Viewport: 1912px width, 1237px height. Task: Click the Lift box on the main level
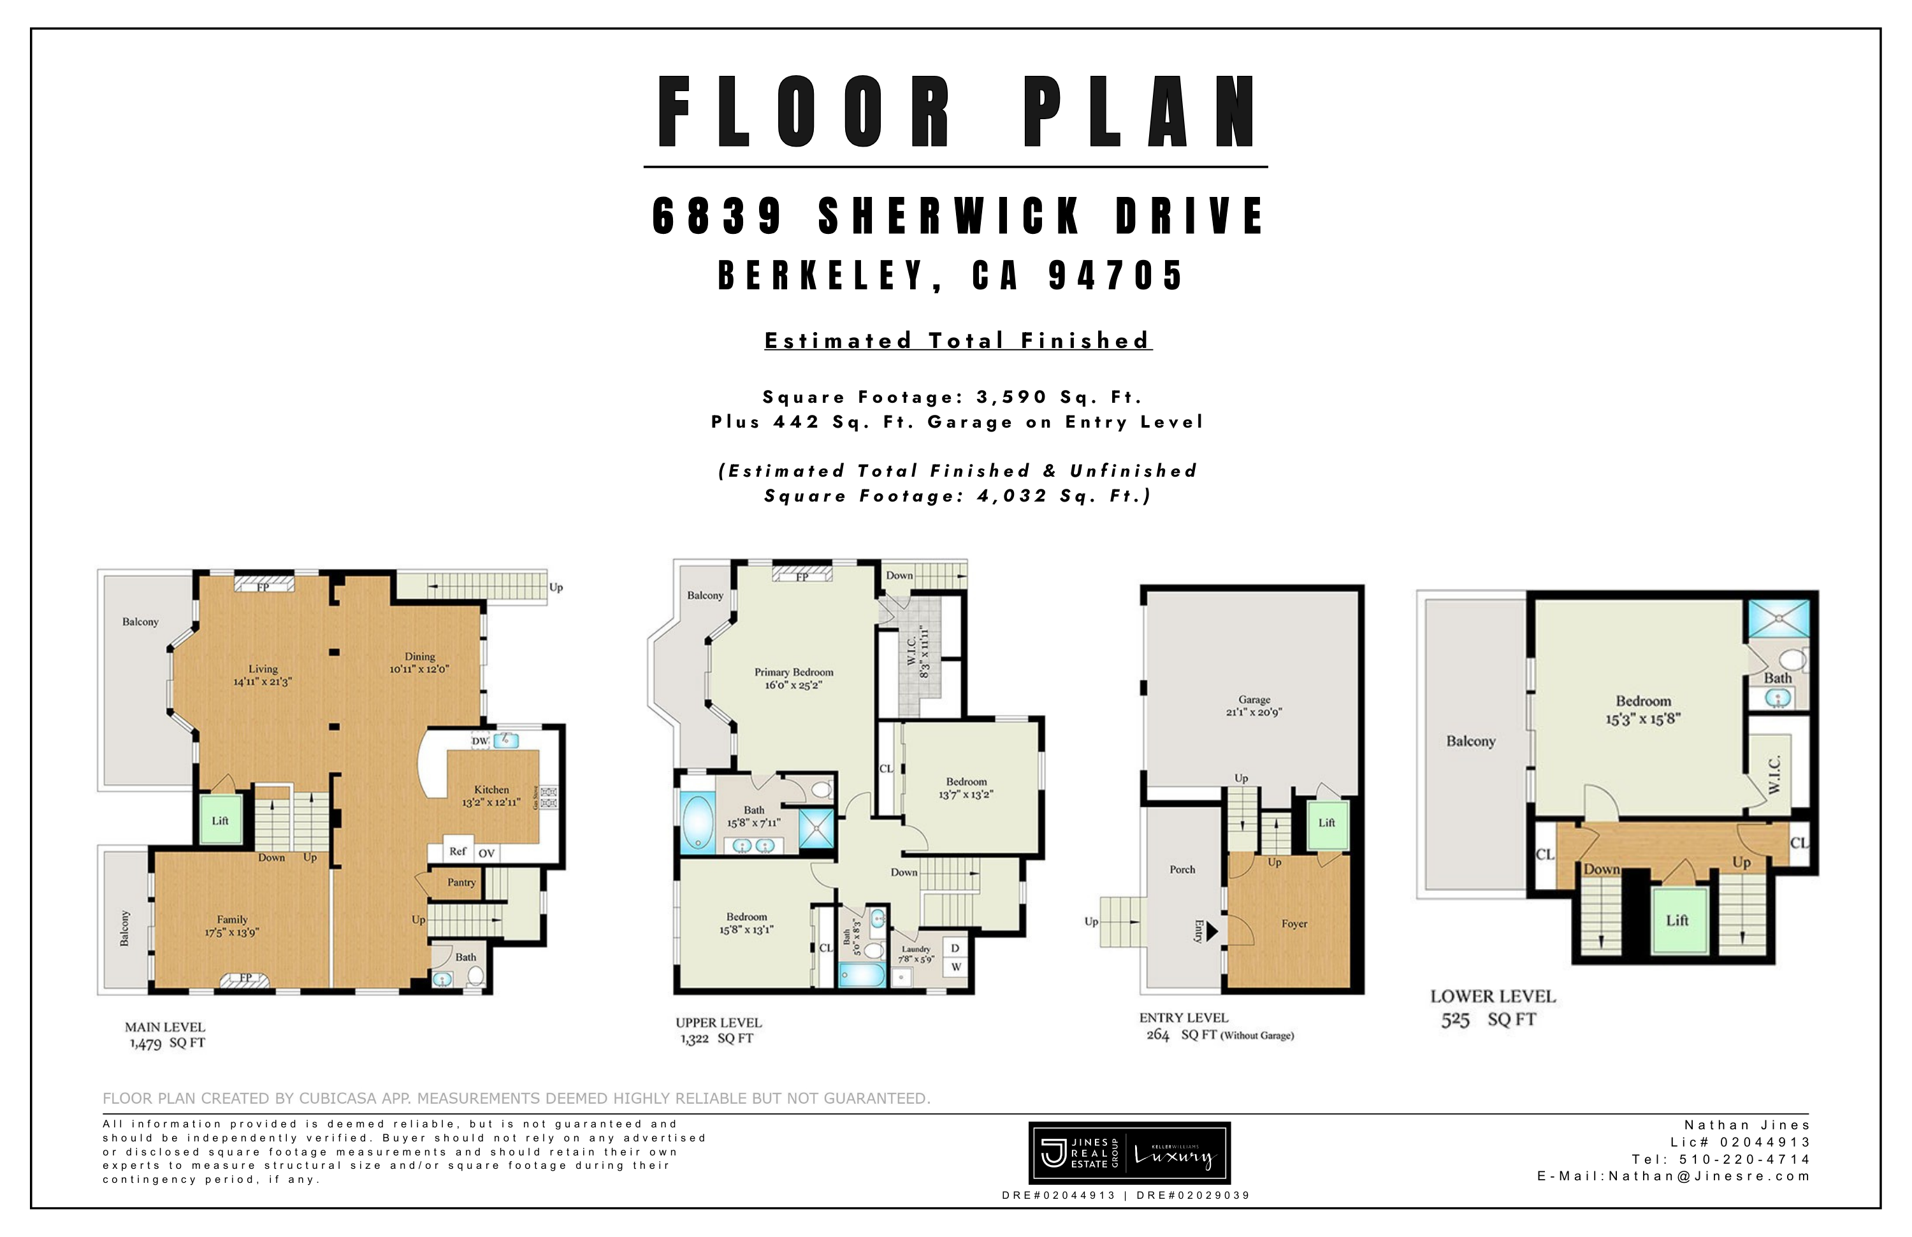pyautogui.click(x=220, y=820)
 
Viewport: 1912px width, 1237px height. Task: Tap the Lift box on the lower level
pyautogui.click(x=1677, y=920)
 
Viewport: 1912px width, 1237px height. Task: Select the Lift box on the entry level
pyautogui.click(x=1326, y=823)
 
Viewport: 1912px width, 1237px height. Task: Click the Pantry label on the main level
pyautogui.click(x=461, y=882)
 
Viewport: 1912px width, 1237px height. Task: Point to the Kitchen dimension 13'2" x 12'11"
pyautogui.click(x=491, y=802)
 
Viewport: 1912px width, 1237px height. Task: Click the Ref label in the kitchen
pyautogui.click(x=457, y=851)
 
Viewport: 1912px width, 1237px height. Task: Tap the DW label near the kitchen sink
pyautogui.click(x=480, y=741)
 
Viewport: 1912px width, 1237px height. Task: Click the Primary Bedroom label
pyautogui.click(x=793, y=672)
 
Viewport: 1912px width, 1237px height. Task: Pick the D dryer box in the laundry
pyautogui.click(x=955, y=948)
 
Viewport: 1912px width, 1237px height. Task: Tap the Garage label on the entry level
pyautogui.click(x=1254, y=700)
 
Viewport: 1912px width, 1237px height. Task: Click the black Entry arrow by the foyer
pyautogui.click(x=1212, y=931)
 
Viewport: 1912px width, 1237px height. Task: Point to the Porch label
pyautogui.click(x=1182, y=869)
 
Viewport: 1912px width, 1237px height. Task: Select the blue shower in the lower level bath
pyautogui.click(x=1779, y=618)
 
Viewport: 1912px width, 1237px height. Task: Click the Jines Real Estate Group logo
pyautogui.click(x=1129, y=1154)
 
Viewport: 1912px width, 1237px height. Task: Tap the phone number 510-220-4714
pyautogui.click(x=1743, y=1159)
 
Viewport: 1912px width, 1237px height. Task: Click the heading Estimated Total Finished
pyautogui.click(x=958, y=340)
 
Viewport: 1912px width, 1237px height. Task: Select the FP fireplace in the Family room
pyautogui.click(x=245, y=978)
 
